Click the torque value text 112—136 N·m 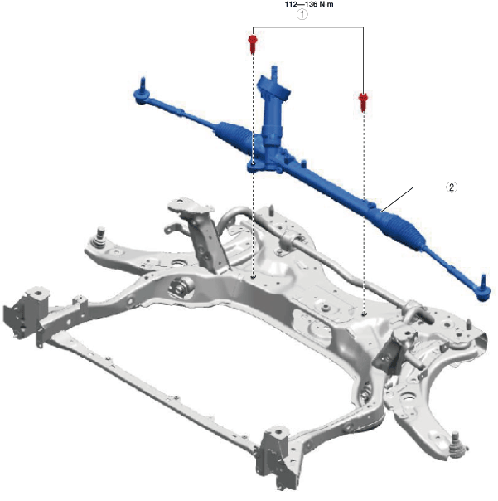[309, 4]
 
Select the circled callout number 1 [302, 14]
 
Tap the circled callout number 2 [451, 187]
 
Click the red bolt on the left [253, 44]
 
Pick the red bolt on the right [363, 101]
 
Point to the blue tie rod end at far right [483, 289]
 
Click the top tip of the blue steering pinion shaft [274, 66]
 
